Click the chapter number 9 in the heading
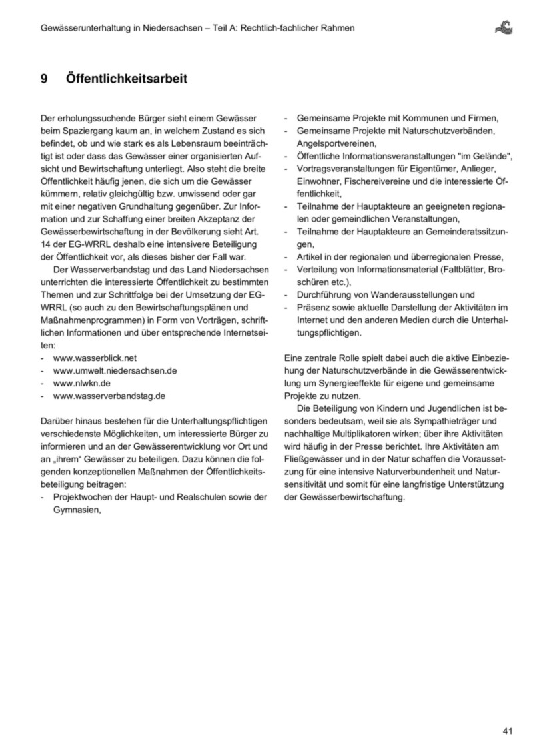coord(44,79)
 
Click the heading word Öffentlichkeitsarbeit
coord(127,79)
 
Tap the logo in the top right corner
coord(504,27)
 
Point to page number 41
coord(508,731)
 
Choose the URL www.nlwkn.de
coord(81,383)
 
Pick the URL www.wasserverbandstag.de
coord(109,396)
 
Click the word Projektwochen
coord(84,497)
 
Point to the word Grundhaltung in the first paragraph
coord(150,206)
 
